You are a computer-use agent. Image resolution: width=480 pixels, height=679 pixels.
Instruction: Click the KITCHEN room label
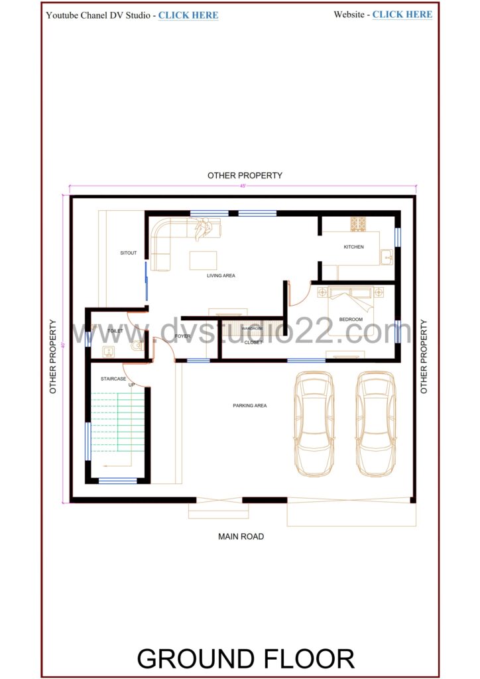[x=353, y=247]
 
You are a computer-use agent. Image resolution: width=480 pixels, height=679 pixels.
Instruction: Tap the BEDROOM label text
[x=351, y=320]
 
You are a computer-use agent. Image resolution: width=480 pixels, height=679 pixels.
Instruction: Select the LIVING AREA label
[x=221, y=275]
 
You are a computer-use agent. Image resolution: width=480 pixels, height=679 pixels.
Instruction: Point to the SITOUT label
[x=128, y=253]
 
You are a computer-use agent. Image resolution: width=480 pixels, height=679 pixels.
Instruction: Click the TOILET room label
[x=115, y=330]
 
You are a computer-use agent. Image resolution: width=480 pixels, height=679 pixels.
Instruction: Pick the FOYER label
[x=182, y=336]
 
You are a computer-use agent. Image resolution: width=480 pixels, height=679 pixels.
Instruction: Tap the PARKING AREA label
[x=249, y=405]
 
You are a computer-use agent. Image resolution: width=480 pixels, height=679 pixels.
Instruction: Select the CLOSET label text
[x=253, y=342]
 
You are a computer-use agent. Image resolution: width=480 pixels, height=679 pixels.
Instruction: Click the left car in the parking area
[x=314, y=422]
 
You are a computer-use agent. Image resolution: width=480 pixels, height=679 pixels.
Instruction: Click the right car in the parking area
[x=375, y=422]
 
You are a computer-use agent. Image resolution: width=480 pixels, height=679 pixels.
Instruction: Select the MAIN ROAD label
[x=241, y=536]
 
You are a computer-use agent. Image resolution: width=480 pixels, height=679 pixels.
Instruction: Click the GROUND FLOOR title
[x=245, y=658]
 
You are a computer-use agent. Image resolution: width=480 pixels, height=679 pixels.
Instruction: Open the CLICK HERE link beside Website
[x=402, y=15]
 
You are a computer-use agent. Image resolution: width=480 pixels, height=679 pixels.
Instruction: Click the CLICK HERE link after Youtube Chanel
[x=188, y=15]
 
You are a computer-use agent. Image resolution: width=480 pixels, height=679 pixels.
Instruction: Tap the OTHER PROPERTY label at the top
[x=245, y=176]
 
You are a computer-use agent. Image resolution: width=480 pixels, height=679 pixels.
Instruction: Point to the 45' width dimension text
[x=243, y=186]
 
